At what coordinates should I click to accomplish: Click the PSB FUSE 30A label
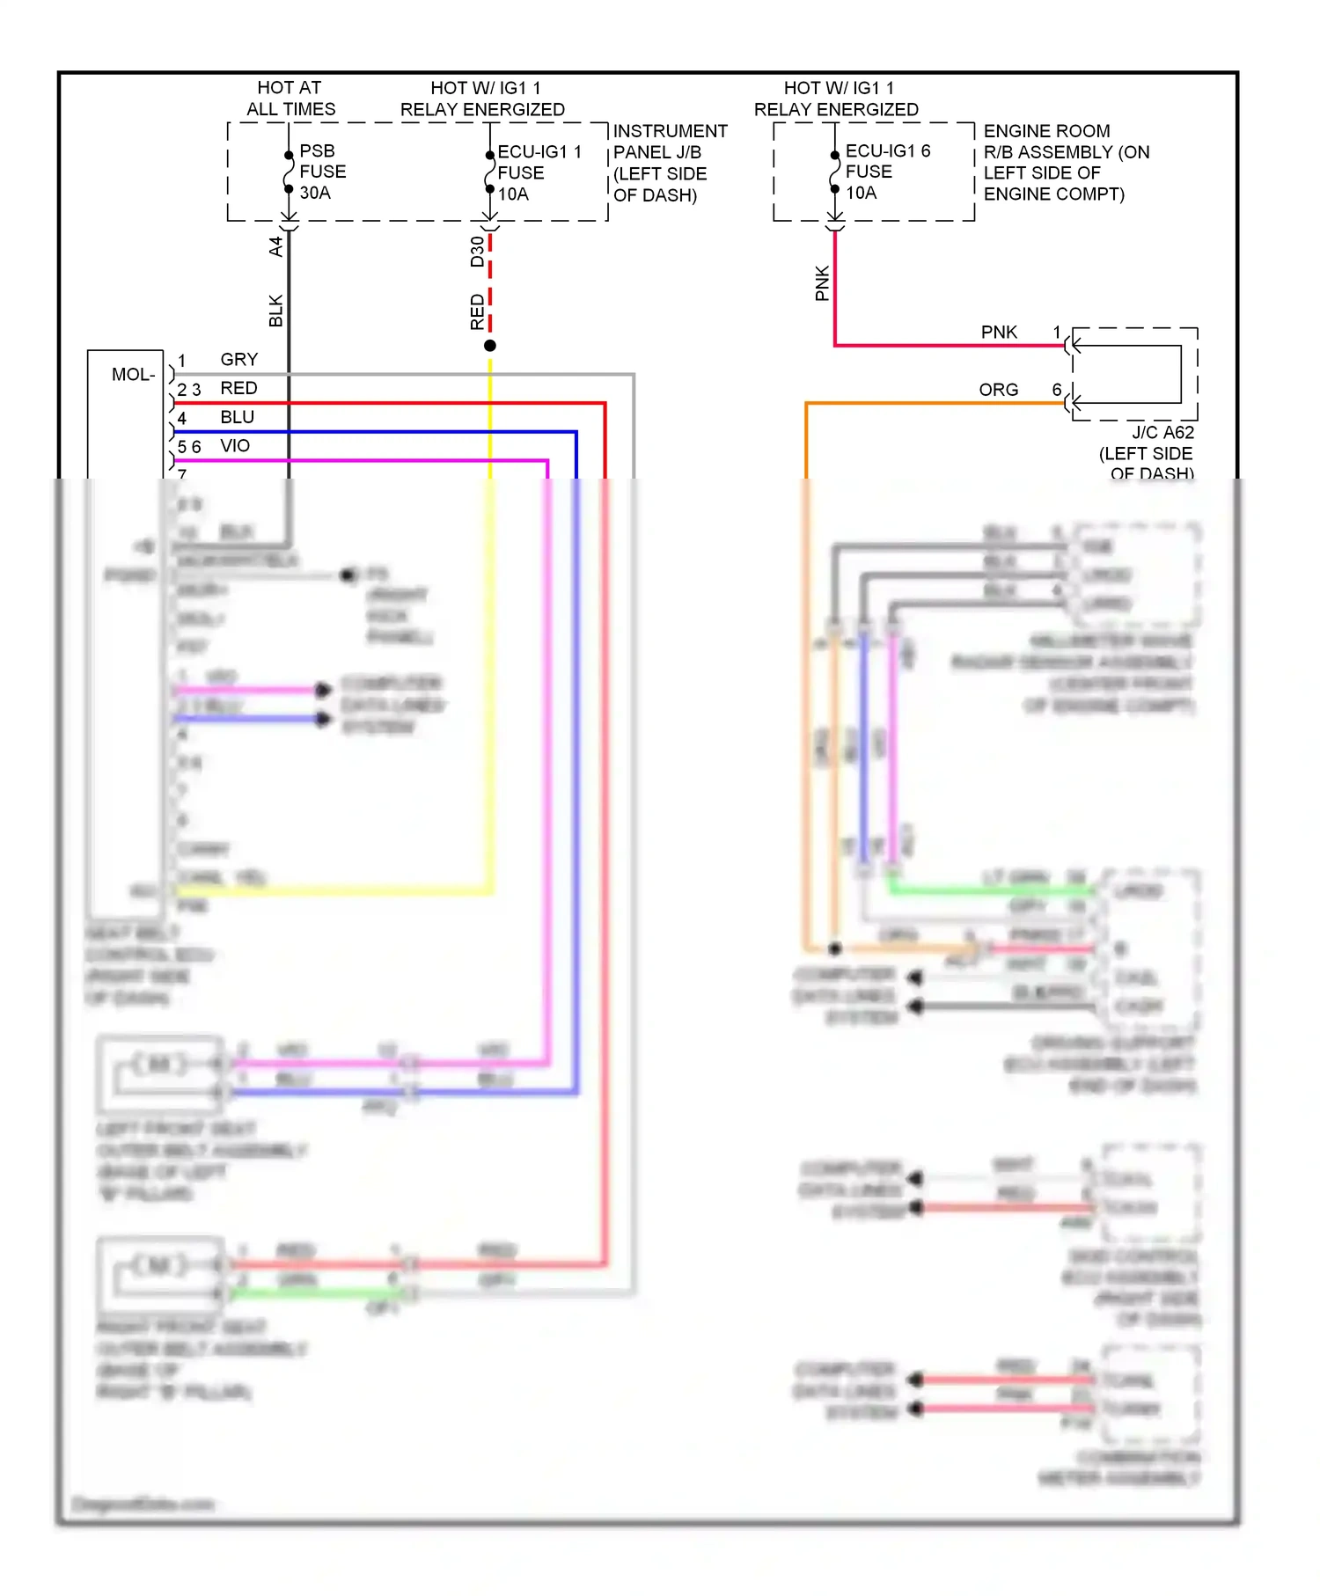pos(322,172)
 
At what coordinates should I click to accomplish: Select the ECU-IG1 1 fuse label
pos(538,172)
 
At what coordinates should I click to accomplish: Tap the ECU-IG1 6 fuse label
pos(886,172)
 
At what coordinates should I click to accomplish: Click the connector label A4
pos(275,246)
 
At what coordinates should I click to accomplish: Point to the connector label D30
pos(477,252)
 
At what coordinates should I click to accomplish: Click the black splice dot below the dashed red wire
pos(490,346)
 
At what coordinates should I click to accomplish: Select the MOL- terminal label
pos(133,375)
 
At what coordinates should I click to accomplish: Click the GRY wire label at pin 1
pos(238,360)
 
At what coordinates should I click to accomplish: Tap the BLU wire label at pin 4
pos(237,417)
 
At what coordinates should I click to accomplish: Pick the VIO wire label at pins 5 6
pos(235,446)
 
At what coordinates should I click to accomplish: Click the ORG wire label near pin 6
pos(998,390)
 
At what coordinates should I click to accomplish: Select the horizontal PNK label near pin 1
pos(999,333)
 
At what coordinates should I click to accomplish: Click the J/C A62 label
pos(1162,433)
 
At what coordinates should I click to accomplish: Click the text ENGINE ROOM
pos(1046,131)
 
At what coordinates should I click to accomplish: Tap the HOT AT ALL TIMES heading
pos(290,99)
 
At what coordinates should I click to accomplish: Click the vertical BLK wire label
pos(275,311)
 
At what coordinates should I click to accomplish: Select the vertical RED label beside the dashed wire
pos(477,312)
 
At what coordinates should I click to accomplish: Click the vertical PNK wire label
pos(822,283)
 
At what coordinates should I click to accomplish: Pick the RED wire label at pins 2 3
pos(238,388)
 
